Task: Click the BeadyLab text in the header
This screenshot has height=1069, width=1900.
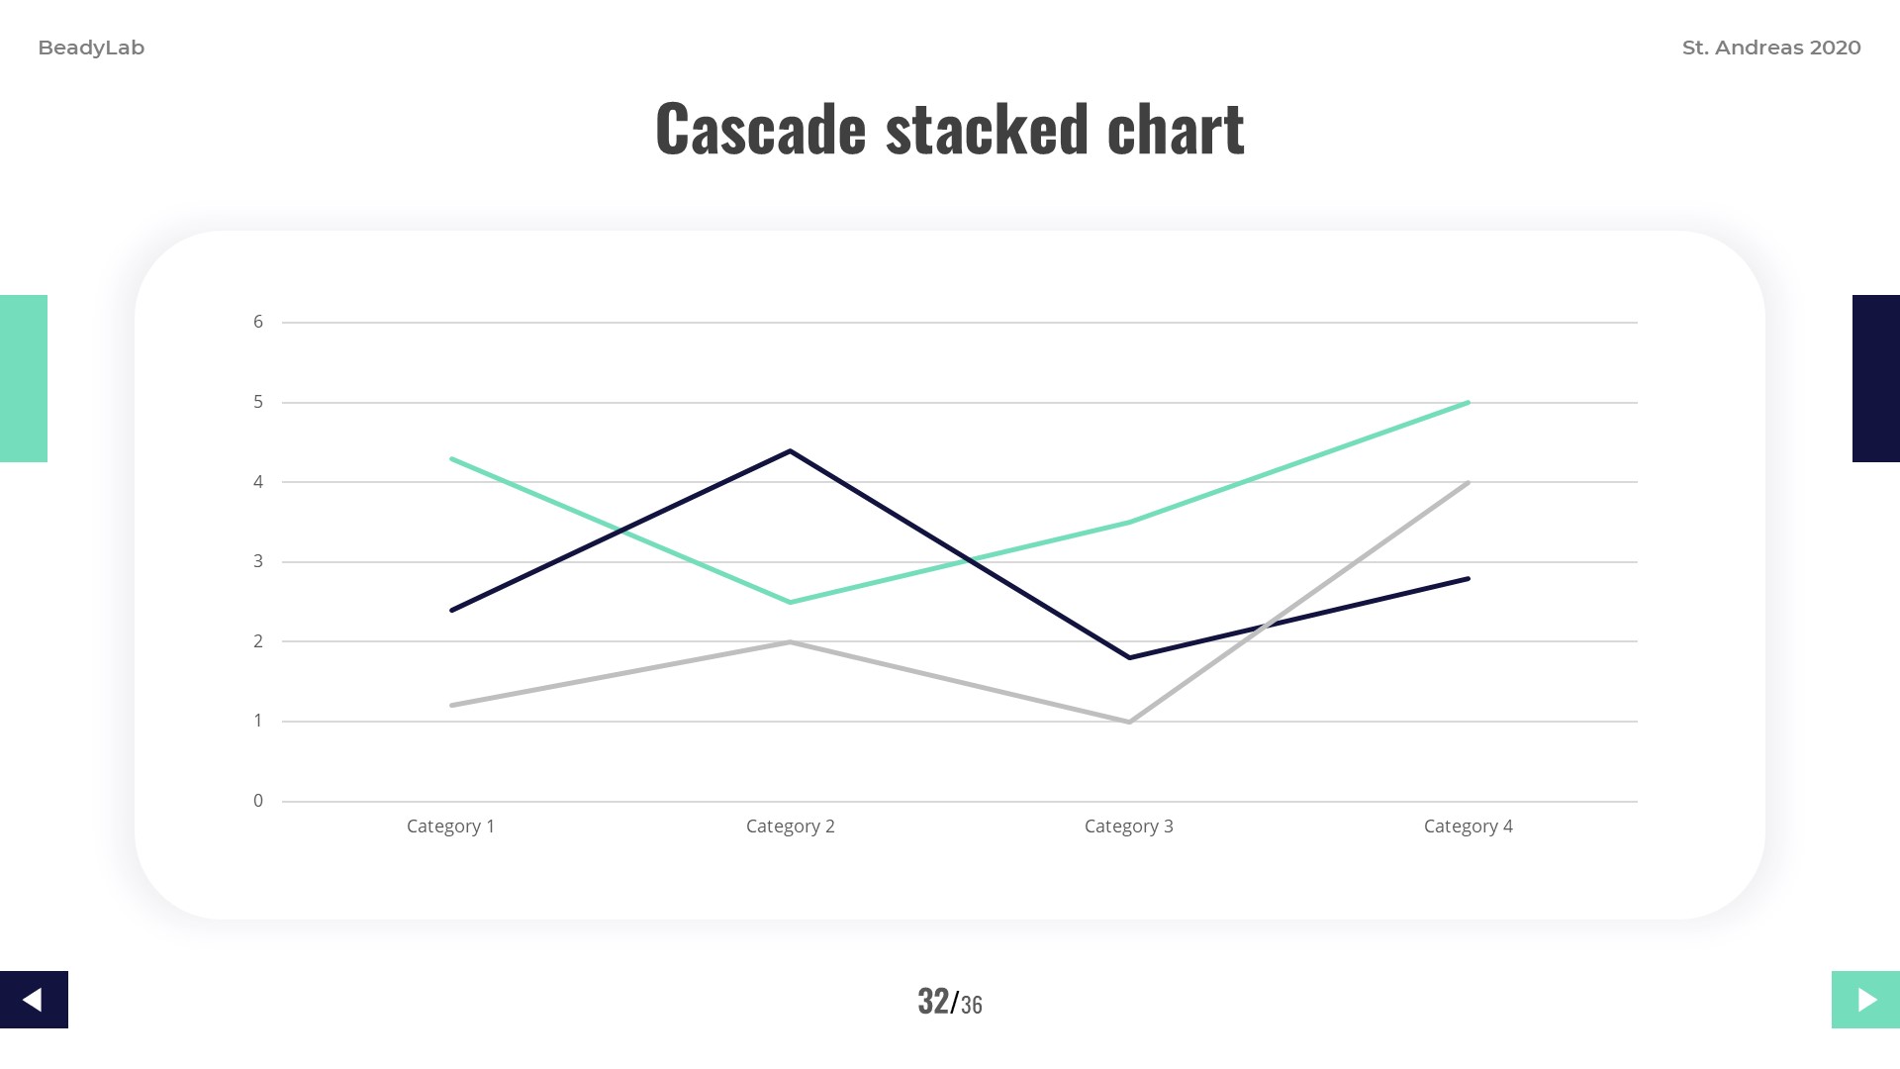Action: click(91, 48)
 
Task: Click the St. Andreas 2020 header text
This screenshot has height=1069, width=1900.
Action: click(1771, 48)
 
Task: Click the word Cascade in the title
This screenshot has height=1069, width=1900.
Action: click(760, 129)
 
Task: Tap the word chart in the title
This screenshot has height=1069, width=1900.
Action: click(1176, 129)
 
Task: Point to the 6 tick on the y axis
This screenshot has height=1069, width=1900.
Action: click(258, 322)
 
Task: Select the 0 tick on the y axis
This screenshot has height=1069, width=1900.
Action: click(258, 801)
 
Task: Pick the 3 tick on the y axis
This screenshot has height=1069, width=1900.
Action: click(258, 561)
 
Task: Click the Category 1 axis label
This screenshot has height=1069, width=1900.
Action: click(450, 826)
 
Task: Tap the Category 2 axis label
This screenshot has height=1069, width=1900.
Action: click(790, 826)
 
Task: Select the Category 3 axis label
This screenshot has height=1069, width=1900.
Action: click(1128, 826)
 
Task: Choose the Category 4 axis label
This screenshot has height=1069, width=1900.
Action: click(1468, 826)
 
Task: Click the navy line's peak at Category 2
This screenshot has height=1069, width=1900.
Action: click(790, 451)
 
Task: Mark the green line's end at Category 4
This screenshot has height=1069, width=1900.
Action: click(1468, 403)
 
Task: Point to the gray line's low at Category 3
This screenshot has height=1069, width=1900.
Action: click(1129, 722)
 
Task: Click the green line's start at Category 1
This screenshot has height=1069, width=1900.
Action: click(451, 458)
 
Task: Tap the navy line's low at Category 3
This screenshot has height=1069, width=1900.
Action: click(1129, 657)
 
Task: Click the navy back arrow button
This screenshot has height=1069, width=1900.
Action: click(34, 1000)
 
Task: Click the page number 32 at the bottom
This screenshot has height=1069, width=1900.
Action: click(933, 1002)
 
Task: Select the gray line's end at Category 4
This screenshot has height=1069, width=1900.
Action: click(1468, 482)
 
